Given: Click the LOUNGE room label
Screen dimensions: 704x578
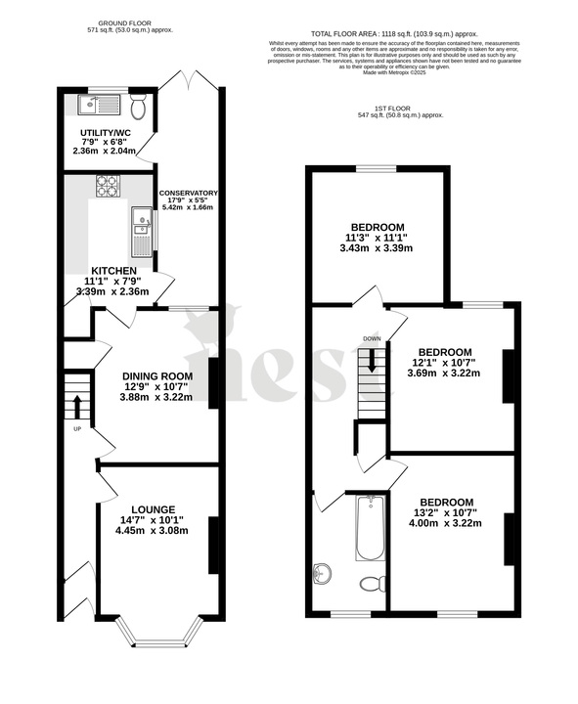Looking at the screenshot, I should [149, 509].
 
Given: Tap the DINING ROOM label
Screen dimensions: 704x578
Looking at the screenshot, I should [157, 375].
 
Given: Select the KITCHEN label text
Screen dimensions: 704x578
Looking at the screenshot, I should [114, 271].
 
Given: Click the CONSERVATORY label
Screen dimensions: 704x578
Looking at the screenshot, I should [189, 194].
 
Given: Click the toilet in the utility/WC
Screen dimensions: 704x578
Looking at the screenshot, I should [138, 107].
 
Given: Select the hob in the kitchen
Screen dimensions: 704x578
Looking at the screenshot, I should [108, 184].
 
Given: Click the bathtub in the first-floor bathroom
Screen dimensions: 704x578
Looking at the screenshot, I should [369, 528].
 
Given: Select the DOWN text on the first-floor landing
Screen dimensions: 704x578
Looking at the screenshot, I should [372, 339].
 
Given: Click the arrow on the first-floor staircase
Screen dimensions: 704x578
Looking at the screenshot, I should [372, 361].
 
